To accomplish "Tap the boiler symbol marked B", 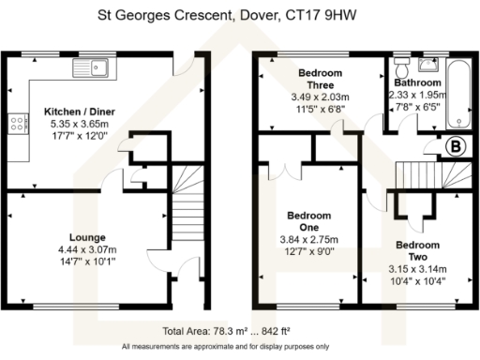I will (457, 146).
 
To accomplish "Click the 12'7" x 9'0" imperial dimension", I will (309, 250).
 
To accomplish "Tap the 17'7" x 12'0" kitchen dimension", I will (82, 134).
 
